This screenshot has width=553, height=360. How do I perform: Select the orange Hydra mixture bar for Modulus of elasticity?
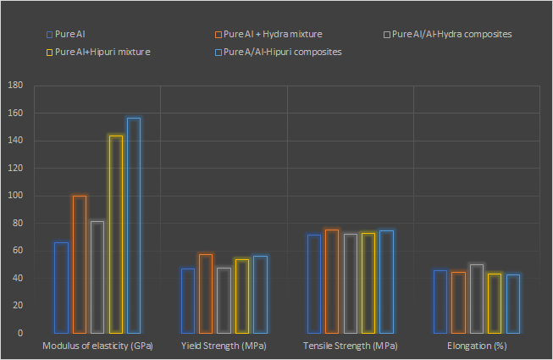(x=79, y=264)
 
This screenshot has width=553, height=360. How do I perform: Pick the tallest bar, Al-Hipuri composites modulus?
(x=134, y=225)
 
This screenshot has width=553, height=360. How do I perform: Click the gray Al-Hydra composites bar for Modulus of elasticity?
(x=97, y=277)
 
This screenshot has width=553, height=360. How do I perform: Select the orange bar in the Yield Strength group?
(x=206, y=293)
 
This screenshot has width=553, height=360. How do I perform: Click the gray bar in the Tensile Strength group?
(x=350, y=283)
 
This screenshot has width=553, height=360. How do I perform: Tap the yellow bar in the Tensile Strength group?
(x=368, y=283)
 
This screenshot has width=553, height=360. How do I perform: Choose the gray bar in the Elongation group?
(x=477, y=298)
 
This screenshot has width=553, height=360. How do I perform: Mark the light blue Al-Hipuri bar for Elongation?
(x=513, y=303)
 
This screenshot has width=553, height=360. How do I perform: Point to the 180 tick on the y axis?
(x=14, y=86)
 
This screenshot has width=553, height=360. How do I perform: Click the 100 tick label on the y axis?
(x=14, y=196)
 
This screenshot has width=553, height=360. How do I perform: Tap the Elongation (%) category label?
(x=478, y=346)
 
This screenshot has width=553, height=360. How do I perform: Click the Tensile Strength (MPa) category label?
(x=350, y=346)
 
